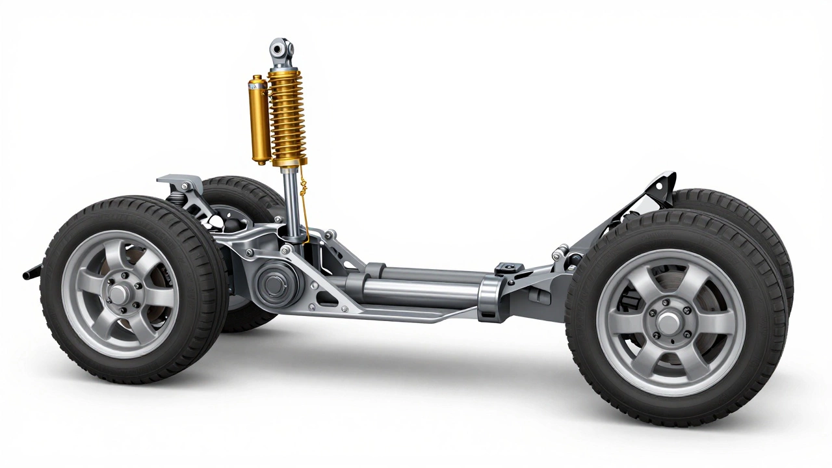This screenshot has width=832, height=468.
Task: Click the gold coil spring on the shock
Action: click(x=287, y=117)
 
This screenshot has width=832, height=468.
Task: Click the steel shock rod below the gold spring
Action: click(x=292, y=201)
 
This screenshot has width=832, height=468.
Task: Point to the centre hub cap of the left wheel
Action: click(x=119, y=294)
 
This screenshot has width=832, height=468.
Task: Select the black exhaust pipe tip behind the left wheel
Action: click(x=31, y=273)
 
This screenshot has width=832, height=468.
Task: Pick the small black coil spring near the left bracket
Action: click(x=176, y=195)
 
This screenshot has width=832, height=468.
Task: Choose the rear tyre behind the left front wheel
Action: click(x=240, y=195)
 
